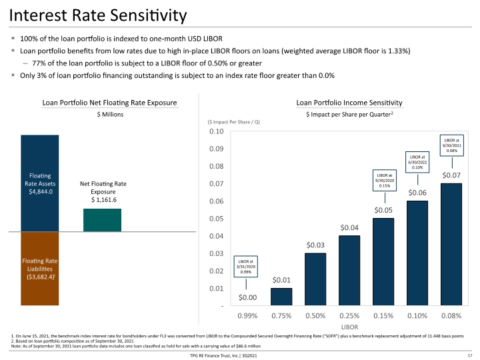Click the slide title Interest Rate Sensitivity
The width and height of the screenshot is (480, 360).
coord(98,15)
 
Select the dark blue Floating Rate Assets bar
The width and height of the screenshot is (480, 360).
coord(40,183)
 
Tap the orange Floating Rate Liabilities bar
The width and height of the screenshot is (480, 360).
coord(40,269)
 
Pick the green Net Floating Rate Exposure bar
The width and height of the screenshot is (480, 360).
coord(102,220)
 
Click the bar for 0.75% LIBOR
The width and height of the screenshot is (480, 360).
coord(281,297)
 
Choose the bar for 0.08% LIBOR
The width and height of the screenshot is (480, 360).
coord(451,244)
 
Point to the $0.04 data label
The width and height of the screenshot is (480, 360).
coord(349,228)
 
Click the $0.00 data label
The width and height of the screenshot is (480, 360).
coord(247,297)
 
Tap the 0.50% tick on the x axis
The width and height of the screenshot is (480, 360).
coord(315,315)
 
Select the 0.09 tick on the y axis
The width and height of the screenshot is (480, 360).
coord(217,149)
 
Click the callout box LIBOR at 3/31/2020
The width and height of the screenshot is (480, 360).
coord(246,267)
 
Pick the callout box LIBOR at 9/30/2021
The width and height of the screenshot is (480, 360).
coord(452,145)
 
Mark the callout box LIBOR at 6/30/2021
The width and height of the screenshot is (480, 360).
coord(417,162)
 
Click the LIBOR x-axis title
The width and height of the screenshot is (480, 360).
coord(349,327)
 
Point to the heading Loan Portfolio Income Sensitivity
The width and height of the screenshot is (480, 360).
coord(349,103)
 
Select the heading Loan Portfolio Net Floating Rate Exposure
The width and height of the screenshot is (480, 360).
coord(109,103)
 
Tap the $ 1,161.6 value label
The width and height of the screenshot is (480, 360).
coord(104,200)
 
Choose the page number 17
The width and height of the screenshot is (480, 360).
coord(470,355)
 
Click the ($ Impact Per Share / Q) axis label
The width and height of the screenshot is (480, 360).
coord(233,122)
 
